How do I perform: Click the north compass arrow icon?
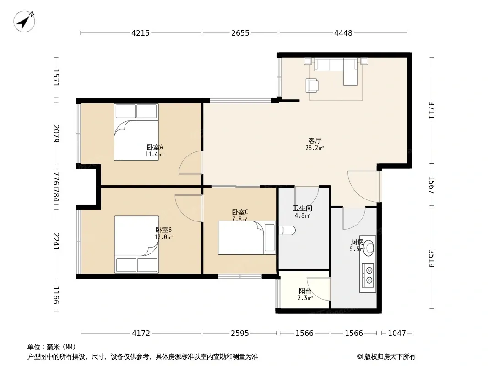click(24, 22)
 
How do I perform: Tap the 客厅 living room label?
click(314, 141)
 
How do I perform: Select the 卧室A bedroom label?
click(155, 147)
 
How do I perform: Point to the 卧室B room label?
click(163, 230)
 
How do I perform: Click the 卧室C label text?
click(240, 212)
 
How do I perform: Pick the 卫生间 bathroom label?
click(302, 208)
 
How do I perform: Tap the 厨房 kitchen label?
click(357, 242)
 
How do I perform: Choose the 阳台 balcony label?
click(305, 291)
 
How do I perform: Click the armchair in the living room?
click(312, 86)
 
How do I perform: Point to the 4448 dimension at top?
click(343, 33)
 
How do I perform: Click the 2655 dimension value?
click(240, 33)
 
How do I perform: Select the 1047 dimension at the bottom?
click(397, 334)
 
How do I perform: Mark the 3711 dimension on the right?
click(431, 110)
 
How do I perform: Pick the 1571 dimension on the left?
click(56, 77)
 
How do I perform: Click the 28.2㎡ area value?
click(314, 148)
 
